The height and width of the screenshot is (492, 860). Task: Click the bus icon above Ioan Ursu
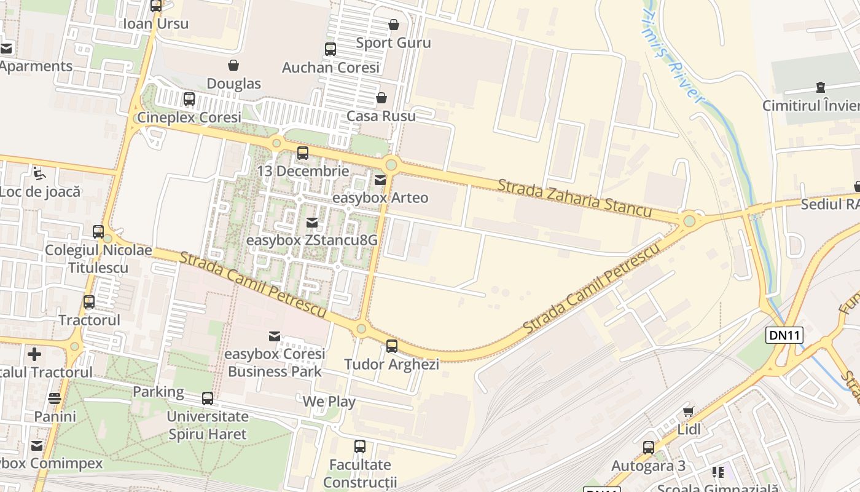[156, 6]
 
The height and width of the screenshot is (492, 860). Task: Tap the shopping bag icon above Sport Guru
[393, 25]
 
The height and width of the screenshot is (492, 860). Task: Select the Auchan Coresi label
[330, 68]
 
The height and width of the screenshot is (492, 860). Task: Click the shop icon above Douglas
[233, 65]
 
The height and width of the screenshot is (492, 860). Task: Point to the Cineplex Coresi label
[189, 117]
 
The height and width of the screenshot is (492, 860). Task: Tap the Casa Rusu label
[381, 116]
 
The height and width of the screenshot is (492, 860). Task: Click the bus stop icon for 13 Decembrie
[302, 153]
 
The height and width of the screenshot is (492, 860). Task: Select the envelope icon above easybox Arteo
[380, 180]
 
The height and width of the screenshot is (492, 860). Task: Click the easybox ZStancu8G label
[311, 240]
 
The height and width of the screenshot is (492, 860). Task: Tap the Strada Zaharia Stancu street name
[574, 197]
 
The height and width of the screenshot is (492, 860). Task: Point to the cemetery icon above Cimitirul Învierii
[821, 87]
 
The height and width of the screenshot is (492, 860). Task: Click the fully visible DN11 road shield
[784, 335]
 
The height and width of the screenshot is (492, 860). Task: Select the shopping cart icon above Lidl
[688, 411]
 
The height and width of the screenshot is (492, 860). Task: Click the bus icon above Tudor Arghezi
[392, 346]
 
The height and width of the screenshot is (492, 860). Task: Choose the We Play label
[329, 402]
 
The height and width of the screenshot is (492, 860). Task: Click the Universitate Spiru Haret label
[208, 425]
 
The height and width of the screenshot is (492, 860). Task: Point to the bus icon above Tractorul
[89, 302]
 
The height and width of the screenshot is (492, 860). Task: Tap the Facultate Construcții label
[360, 473]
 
